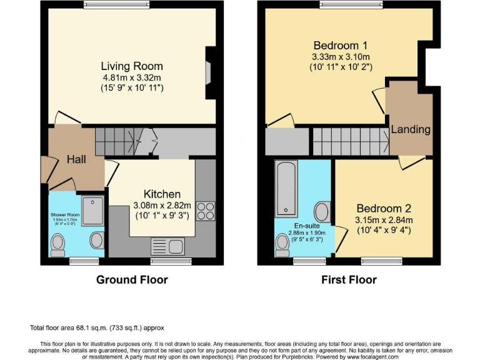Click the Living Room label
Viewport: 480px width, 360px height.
point(132,66)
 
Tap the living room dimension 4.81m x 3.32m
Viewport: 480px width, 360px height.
point(132,78)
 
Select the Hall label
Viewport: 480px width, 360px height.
point(76,160)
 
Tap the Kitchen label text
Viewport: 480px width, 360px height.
point(162,194)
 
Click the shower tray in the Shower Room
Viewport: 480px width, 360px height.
point(92,210)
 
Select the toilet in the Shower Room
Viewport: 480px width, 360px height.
point(57,242)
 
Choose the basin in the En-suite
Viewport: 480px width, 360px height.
point(322,212)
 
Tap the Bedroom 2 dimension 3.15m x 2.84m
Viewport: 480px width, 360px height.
point(384,220)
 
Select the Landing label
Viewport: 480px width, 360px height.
point(411,129)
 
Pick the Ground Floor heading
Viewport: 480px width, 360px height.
point(132,279)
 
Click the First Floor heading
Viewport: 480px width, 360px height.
point(349,279)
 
